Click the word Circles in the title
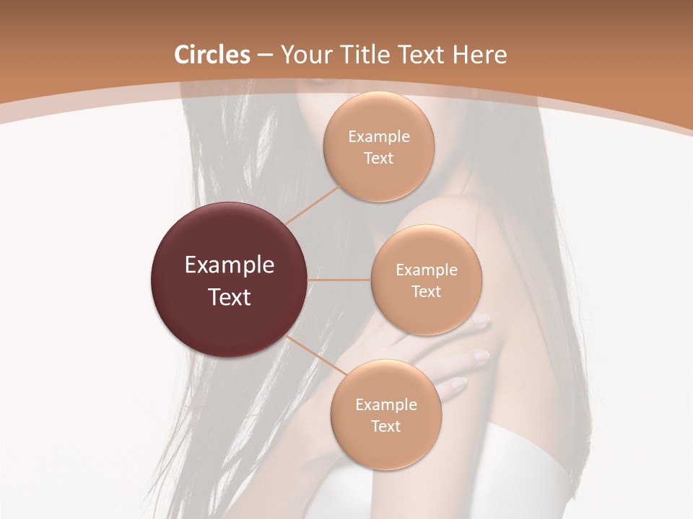click(212, 55)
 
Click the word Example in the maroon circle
click(230, 265)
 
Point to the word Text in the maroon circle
click(230, 297)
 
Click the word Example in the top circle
click(378, 137)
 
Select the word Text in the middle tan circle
click(426, 291)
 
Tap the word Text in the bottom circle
click(385, 426)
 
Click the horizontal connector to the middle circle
click(339, 280)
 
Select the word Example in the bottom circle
click(385, 404)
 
